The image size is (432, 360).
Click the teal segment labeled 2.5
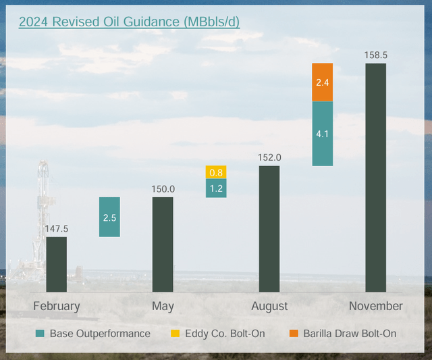point(109,217)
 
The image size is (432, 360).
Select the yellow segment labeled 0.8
point(216,172)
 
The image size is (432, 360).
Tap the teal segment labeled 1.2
point(216,188)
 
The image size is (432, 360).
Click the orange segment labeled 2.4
point(323,82)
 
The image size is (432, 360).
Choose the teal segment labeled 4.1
point(323,134)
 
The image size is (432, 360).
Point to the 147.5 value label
point(57,229)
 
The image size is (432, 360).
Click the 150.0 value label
point(163,189)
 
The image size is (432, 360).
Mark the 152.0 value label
point(269,157)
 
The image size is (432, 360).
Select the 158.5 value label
point(375,55)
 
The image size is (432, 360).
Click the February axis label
point(57,306)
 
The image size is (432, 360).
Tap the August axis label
point(269,306)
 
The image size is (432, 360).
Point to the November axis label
point(375,306)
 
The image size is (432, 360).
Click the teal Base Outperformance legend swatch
point(40,334)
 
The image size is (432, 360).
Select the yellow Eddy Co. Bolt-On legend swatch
point(174,334)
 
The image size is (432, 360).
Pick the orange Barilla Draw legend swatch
point(293,334)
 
